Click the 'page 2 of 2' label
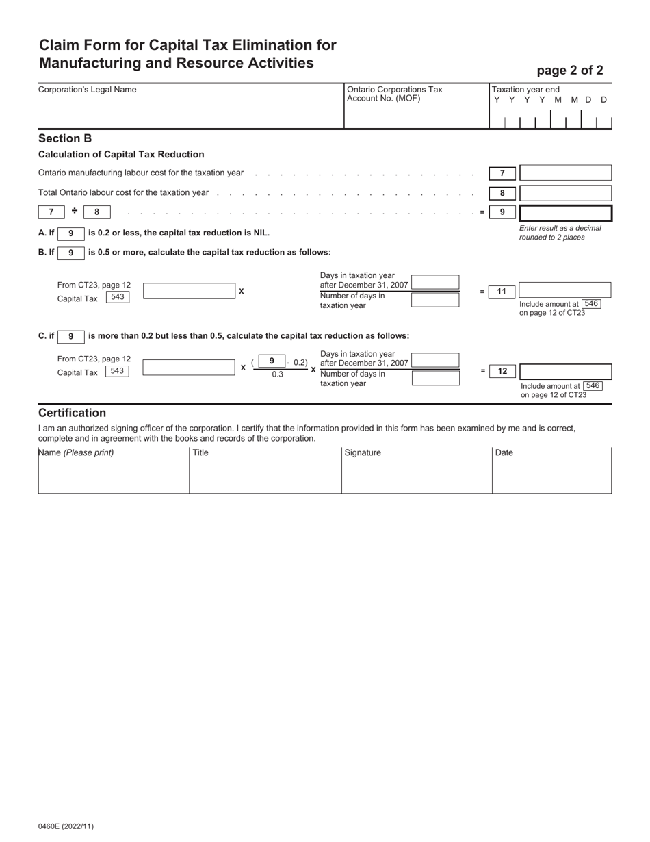coord(569,70)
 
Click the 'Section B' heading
coord(65,138)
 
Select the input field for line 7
coord(565,173)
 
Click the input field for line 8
coord(565,193)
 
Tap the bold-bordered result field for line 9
coord(565,212)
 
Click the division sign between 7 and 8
coord(75,211)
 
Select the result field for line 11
coord(564,290)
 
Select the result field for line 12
coord(565,372)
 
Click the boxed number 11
coord(502,292)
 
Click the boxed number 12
coord(502,371)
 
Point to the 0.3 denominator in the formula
coord(277,374)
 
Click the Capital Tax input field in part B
coord(189,291)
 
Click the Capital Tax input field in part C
coord(189,368)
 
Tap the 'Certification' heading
coord(72,413)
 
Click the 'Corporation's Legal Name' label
coord(87,90)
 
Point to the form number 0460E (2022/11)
coord(66,826)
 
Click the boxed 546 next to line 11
coord(591,303)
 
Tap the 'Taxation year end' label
coord(525,90)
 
